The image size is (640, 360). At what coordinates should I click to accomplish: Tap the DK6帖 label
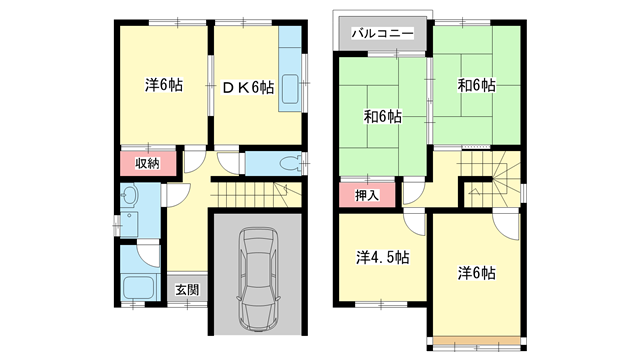coord(248,87)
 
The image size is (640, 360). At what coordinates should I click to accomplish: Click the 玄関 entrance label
coord(187,290)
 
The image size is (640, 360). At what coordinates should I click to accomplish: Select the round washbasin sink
coord(131,196)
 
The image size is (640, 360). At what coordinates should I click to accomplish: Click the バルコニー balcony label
coord(382,34)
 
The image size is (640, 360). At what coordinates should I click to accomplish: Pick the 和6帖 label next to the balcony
coord(475,86)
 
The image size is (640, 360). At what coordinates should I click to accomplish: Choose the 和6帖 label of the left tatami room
coord(381,117)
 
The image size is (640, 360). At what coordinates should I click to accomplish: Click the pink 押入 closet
coord(367,194)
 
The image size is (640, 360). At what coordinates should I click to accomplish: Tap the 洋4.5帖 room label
coord(381,257)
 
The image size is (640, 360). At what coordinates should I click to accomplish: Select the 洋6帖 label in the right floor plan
coord(477,272)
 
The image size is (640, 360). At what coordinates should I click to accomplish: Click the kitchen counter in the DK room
coord(289,76)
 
